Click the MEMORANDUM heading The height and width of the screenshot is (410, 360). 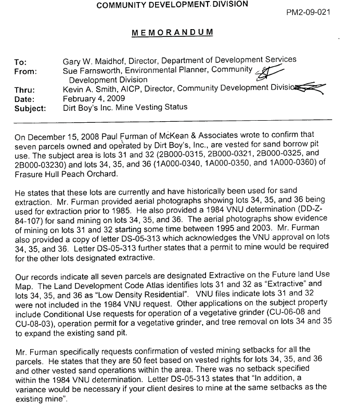click(x=172, y=32)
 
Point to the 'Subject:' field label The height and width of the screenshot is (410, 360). click(x=30, y=108)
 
